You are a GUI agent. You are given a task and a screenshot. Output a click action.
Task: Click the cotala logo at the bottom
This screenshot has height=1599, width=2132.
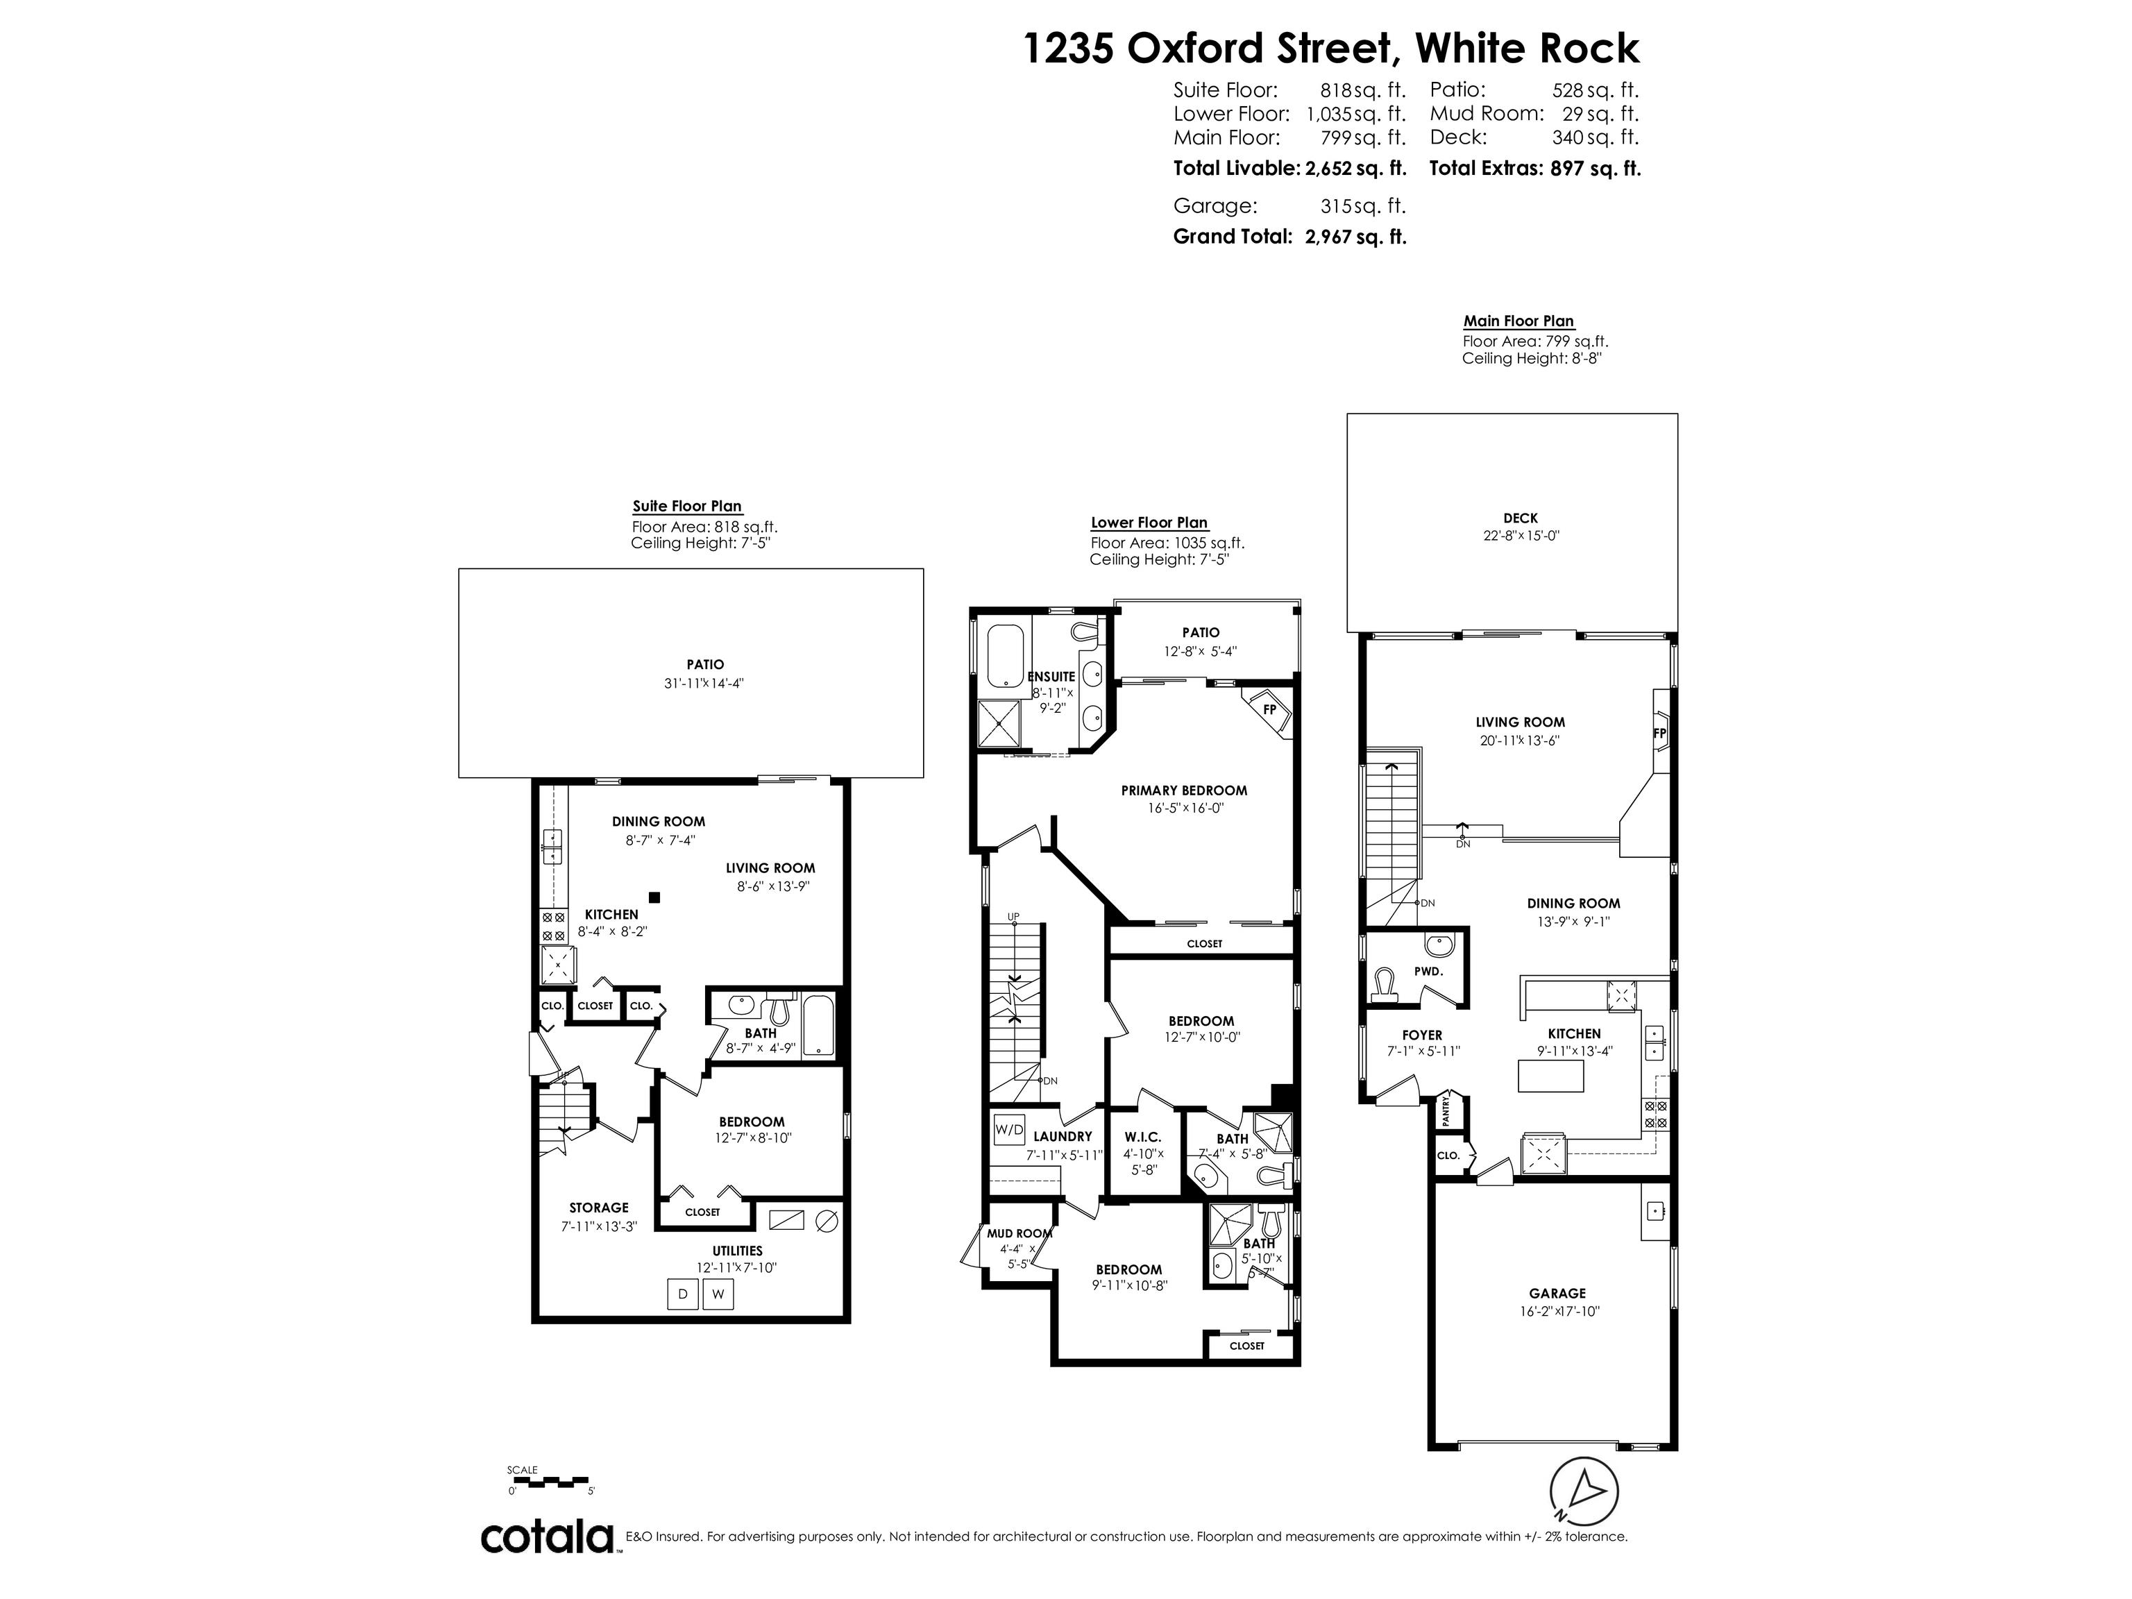(x=548, y=1537)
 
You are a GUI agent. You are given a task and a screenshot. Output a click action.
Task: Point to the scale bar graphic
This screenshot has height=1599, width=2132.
(x=550, y=1480)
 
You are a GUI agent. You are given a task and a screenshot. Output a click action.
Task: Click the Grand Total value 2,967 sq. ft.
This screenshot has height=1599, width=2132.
(x=1355, y=236)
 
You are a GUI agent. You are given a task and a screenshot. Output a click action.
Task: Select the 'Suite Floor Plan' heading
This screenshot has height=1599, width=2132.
(x=687, y=506)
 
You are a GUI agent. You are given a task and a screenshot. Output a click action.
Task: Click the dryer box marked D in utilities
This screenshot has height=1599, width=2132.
(x=682, y=1294)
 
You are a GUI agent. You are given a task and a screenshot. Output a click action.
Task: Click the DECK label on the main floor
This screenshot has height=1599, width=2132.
(x=1520, y=518)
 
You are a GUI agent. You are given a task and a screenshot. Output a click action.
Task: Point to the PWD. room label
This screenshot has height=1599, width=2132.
(x=1428, y=972)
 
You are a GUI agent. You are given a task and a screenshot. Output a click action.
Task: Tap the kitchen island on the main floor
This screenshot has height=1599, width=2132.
(x=1550, y=1074)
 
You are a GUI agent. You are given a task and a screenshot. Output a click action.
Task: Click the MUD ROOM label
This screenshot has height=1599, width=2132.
(x=1019, y=1233)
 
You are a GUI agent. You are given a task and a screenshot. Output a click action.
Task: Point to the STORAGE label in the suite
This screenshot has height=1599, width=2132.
(x=598, y=1208)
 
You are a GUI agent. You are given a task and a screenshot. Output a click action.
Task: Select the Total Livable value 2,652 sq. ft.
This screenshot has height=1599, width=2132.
(x=1355, y=168)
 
